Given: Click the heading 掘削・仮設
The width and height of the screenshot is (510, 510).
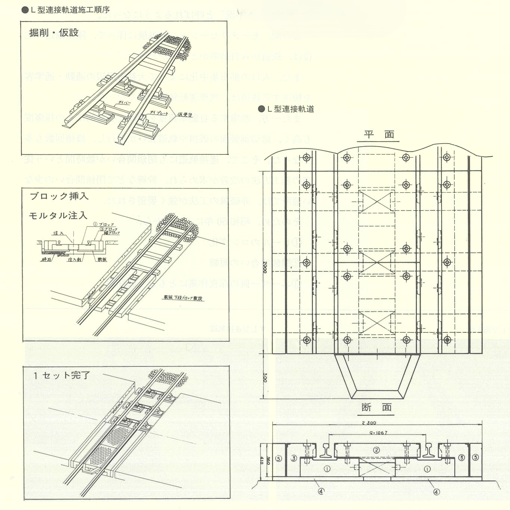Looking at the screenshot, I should (x=54, y=33).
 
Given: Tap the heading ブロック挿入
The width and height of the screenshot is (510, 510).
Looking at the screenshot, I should (x=59, y=196).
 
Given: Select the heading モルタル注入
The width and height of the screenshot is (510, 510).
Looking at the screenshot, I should (x=58, y=215).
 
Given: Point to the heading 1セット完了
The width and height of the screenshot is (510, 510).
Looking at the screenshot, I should (x=62, y=375).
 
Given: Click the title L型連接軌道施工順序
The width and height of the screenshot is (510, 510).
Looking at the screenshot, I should (x=70, y=10).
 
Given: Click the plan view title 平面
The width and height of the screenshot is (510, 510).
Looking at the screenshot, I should (x=378, y=134).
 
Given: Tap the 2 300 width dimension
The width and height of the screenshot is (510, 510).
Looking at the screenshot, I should (x=369, y=423).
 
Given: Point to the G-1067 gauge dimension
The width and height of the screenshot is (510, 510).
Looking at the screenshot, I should (x=378, y=433).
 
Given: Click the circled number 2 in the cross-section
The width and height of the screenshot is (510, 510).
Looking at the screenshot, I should (x=377, y=450).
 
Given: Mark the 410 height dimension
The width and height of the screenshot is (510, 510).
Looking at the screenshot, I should (x=261, y=459).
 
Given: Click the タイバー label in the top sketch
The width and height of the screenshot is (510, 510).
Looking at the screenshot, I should (x=124, y=102).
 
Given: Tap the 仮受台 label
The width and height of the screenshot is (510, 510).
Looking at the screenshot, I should (x=185, y=114).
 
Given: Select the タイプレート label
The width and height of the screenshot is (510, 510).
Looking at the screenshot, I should (x=159, y=112).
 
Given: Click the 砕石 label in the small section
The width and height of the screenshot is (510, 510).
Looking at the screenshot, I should (x=46, y=259).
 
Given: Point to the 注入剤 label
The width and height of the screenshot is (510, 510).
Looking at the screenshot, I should (x=74, y=259).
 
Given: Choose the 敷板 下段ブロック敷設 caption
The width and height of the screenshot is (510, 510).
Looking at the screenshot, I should (x=183, y=298).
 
